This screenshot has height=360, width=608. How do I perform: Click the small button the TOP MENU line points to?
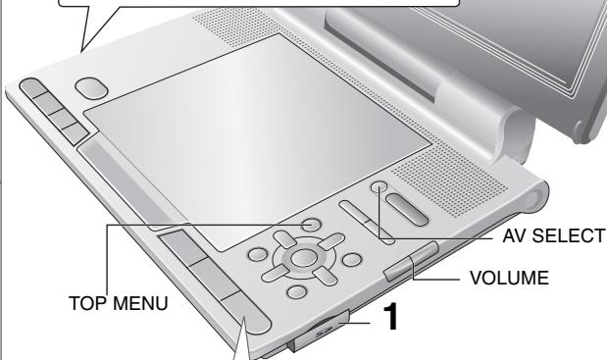310,225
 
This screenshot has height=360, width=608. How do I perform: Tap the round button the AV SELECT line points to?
380,187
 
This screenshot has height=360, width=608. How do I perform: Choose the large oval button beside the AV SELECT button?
405,213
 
